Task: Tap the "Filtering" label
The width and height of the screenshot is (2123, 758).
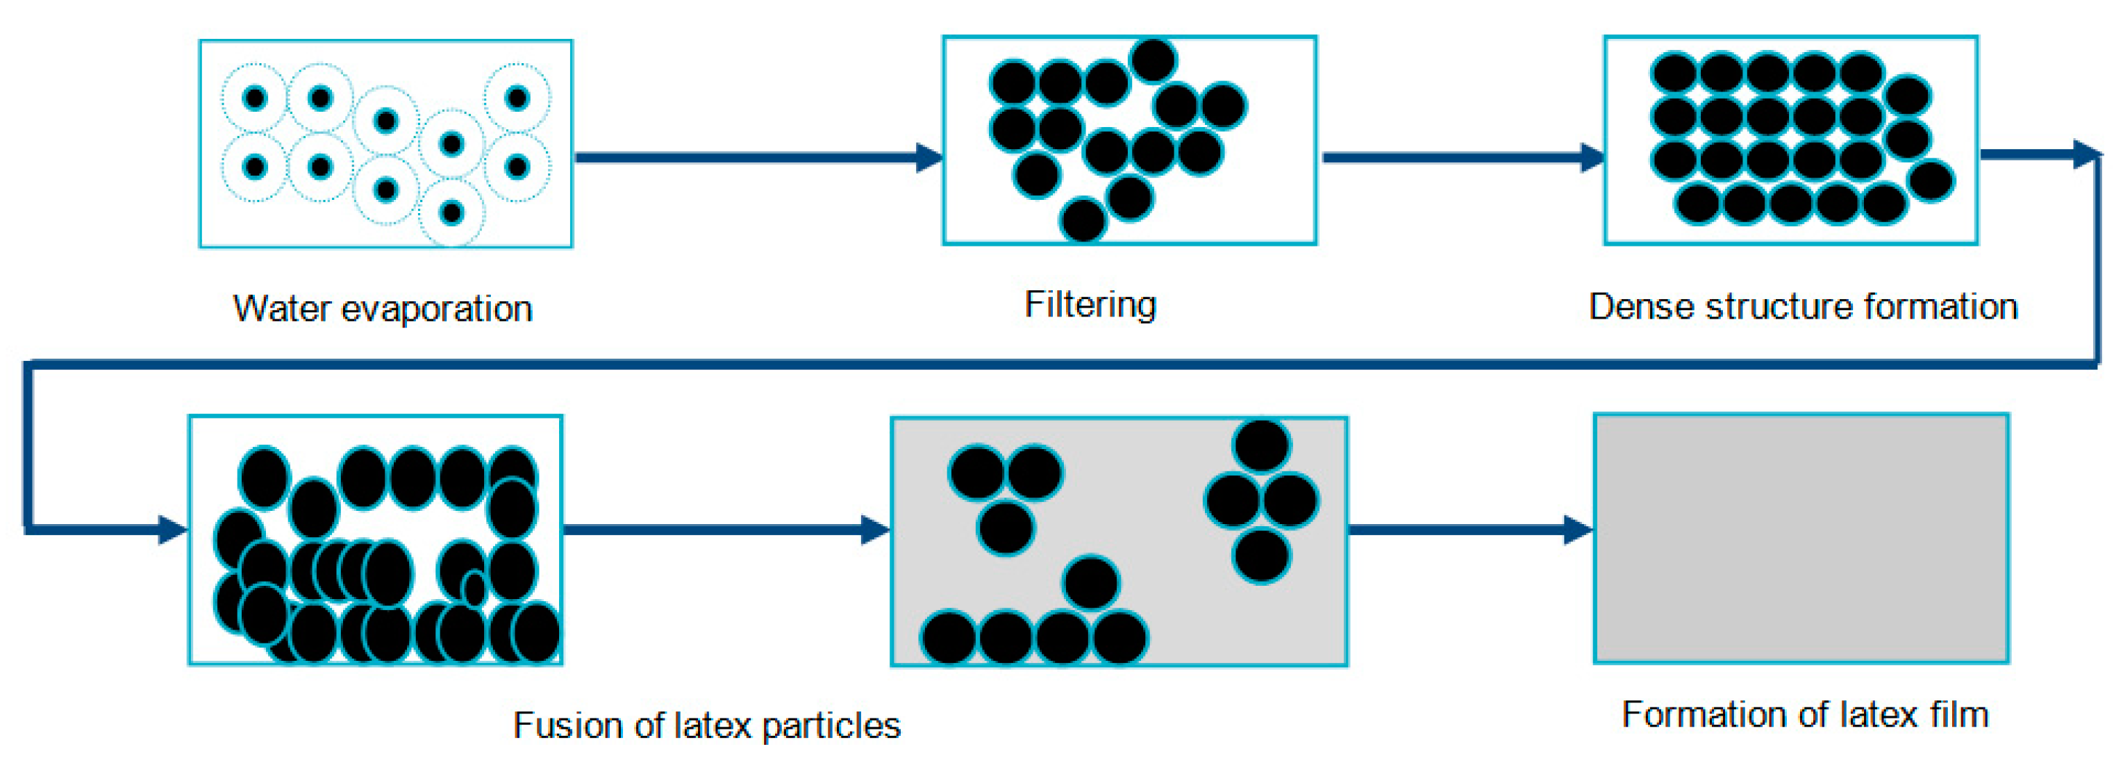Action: pyautogui.click(x=1090, y=305)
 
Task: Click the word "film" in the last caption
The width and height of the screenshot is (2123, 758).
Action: pyautogui.click(x=1960, y=714)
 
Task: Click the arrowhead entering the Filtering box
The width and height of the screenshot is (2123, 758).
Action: pyautogui.click(x=930, y=158)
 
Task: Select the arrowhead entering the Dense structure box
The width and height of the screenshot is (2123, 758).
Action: pyautogui.click(x=1592, y=158)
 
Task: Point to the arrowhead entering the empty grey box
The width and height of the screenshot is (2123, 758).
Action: pyautogui.click(x=1579, y=530)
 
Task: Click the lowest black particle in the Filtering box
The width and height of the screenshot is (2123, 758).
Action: pyautogui.click(x=1083, y=220)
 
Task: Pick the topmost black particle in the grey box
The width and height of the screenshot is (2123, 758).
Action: pyautogui.click(x=1261, y=444)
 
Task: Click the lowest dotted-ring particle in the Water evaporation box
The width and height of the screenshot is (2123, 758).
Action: pyautogui.click(x=451, y=212)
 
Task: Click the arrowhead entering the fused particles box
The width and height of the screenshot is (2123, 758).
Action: pyautogui.click(x=172, y=530)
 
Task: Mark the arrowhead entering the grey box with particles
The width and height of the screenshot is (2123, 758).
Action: pyautogui.click(x=875, y=530)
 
